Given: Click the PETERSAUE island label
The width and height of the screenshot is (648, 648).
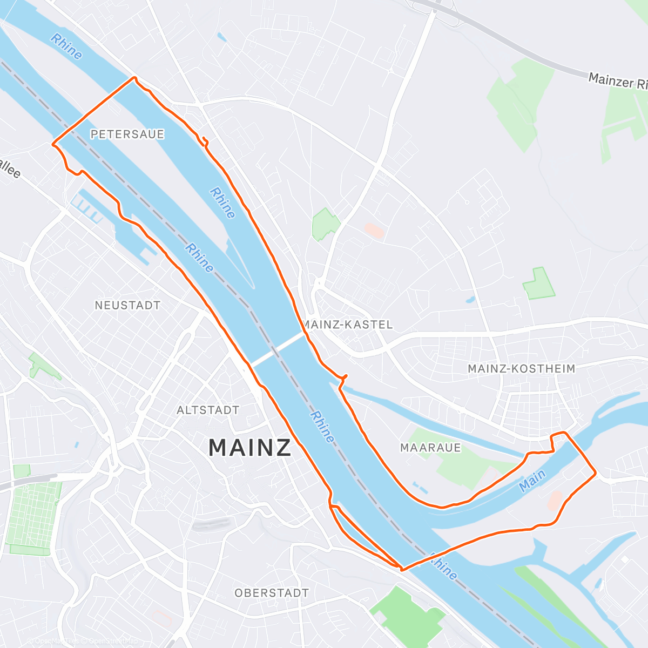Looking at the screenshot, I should point(127,134).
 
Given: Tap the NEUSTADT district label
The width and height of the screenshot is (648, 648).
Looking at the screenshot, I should point(127,306).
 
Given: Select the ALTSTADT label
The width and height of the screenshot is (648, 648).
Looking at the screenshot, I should point(208,410).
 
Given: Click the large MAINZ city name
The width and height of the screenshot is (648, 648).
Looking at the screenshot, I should point(250,448).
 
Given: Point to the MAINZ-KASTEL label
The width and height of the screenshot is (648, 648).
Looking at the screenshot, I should point(348,325).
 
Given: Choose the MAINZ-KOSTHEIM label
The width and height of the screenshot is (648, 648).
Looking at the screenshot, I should point(522,369).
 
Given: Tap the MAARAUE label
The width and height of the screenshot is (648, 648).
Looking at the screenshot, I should point(430,448).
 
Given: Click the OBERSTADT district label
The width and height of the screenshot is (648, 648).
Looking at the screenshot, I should point(272,593).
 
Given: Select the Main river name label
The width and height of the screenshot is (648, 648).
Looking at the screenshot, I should point(532,480).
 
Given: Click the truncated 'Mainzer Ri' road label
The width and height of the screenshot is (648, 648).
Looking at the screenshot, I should point(618,82).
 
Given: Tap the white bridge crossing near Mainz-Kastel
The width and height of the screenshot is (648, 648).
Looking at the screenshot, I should point(276,349).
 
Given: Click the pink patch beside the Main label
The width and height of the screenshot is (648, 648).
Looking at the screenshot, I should point(555,500).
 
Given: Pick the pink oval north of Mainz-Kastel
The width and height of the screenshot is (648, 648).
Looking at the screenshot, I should point(374,231).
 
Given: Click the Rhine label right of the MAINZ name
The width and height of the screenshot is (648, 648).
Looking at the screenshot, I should point(322,427).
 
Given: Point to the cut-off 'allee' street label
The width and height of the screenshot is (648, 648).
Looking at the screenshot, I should point(10,168).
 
